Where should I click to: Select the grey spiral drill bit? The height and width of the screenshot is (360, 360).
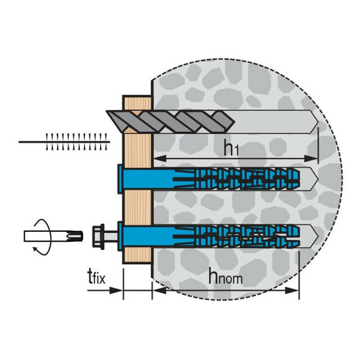(169, 120)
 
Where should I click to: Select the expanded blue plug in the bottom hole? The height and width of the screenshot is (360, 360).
(236, 233)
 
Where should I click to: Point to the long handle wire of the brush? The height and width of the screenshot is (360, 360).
(31, 142)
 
